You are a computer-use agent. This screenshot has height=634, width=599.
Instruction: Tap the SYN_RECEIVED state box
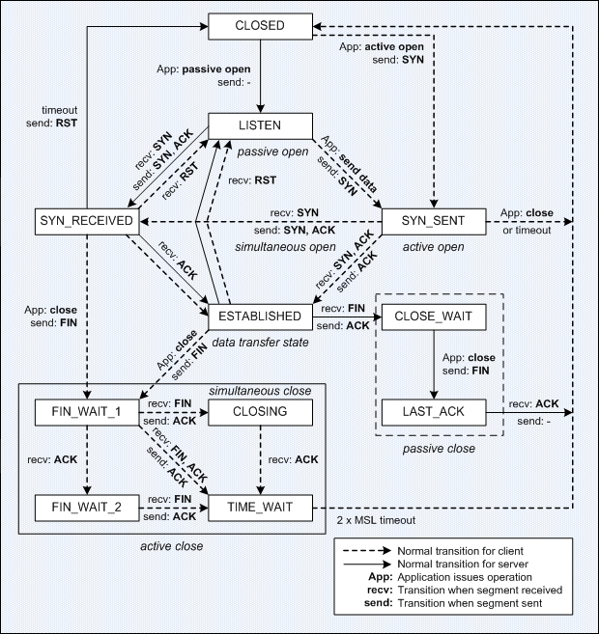point(86,221)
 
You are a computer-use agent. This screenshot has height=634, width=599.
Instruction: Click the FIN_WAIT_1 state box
point(86,412)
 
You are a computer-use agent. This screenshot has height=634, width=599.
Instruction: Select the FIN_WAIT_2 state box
point(86,506)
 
